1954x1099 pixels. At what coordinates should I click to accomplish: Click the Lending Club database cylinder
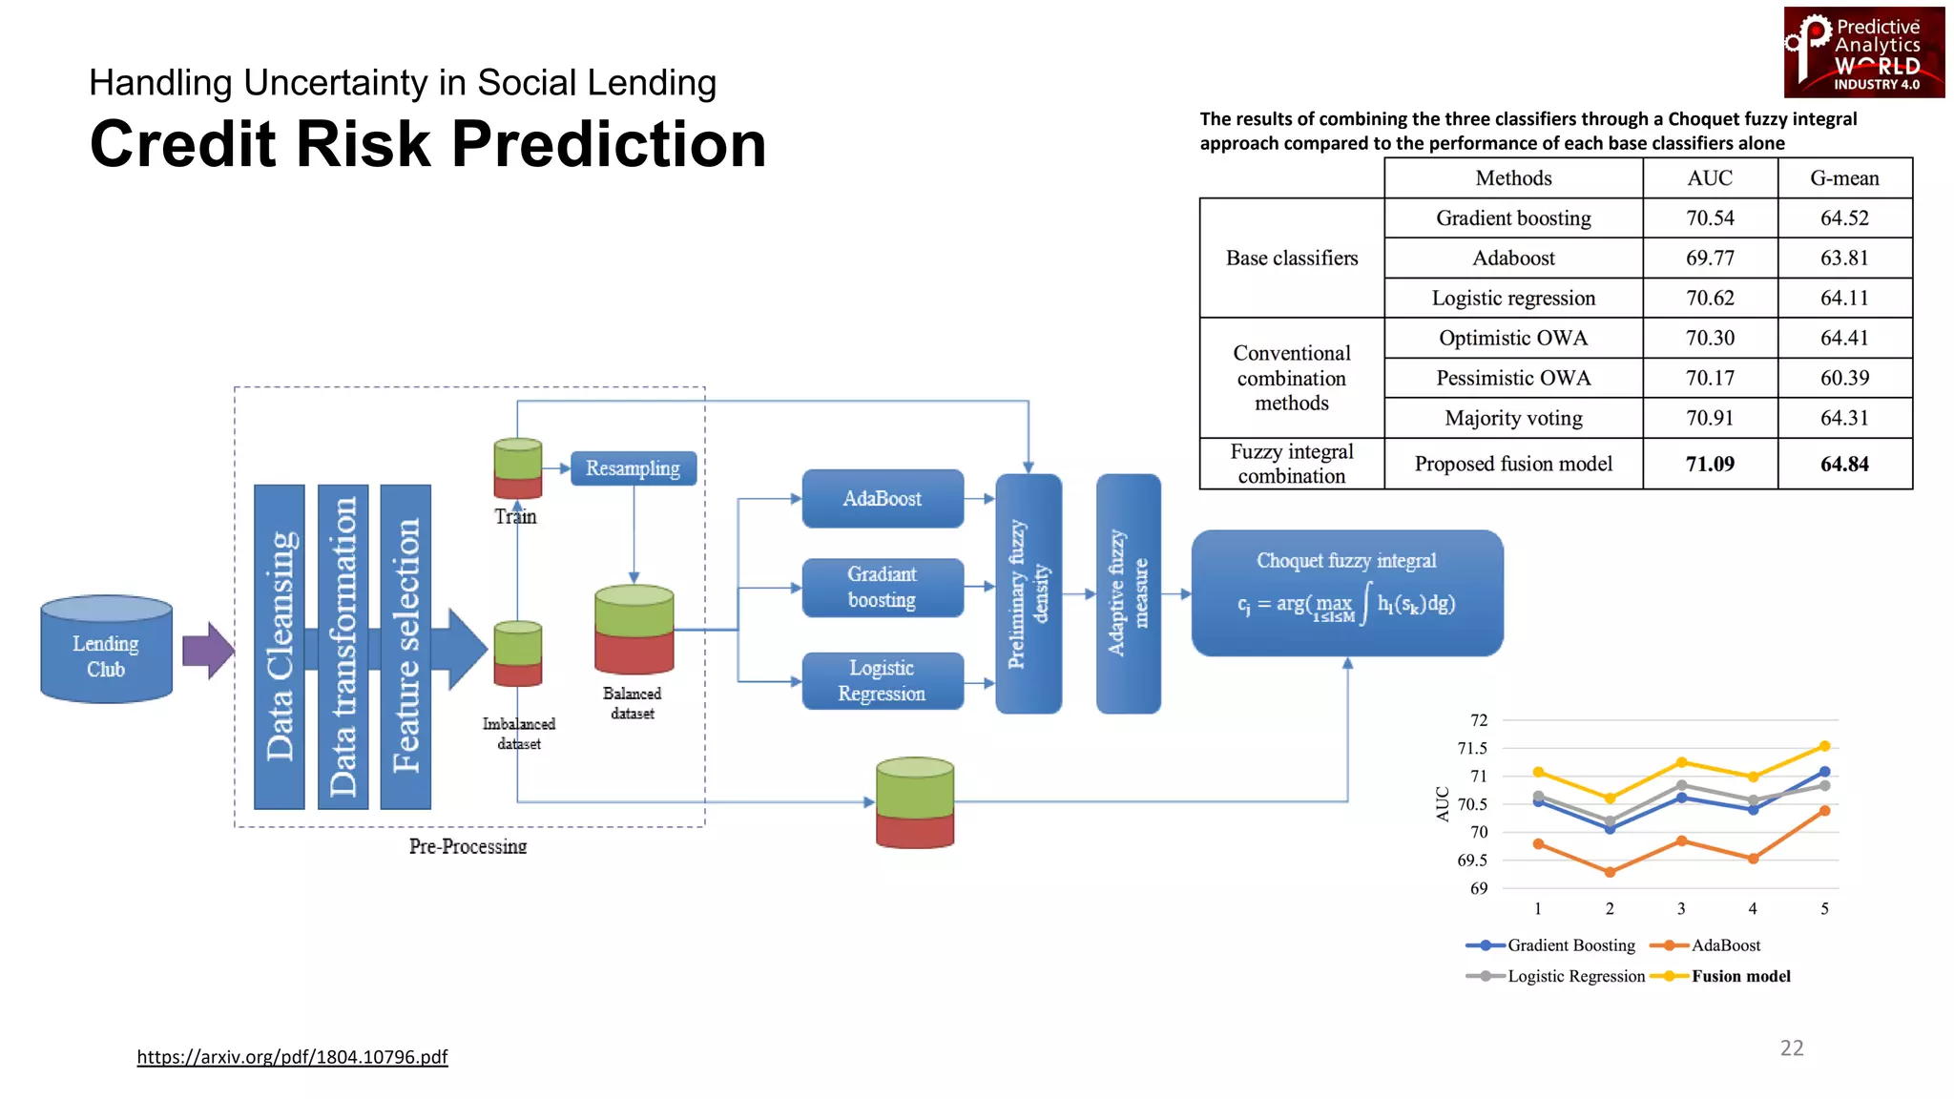click(106, 651)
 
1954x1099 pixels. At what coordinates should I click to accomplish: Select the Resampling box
click(633, 468)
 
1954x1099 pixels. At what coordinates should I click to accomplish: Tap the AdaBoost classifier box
click(882, 498)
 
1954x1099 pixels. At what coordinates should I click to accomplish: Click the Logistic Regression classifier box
click(882, 681)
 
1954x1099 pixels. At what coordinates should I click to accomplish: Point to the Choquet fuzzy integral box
click(1346, 592)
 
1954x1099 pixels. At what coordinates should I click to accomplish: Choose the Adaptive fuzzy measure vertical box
click(1128, 593)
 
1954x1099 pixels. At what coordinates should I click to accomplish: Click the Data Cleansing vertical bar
click(280, 647)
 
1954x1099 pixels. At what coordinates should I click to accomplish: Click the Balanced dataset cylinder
click(634, 630)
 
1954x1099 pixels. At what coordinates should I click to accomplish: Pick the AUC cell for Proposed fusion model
click(1709, 464)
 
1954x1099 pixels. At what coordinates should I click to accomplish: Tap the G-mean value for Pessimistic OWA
click(1843, 378)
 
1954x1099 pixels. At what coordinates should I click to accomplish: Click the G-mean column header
click(1843, 178)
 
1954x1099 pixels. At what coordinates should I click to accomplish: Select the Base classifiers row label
click(1291, 258)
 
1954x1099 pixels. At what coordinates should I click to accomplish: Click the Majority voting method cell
click(1512, 418)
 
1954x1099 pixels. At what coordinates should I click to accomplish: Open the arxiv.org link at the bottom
click(292, 1056)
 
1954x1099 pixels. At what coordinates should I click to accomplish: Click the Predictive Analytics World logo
click(1863, 52)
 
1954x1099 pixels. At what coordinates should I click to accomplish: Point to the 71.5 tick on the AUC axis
click(1471, 748)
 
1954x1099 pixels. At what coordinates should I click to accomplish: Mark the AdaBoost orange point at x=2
click(1610, 872)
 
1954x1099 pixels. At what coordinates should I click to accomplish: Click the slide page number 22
click(1791, 1047)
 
